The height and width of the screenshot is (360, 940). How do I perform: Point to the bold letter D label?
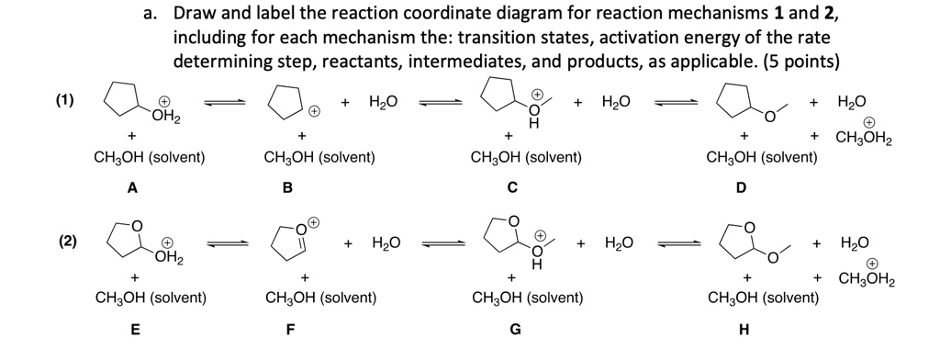[x=743, y=189]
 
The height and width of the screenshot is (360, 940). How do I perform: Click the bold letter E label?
[x=134, y=330]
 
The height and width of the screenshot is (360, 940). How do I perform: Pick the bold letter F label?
[x=288, y=330]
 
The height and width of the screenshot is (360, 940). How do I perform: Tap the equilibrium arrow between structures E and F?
[x=226, y=244]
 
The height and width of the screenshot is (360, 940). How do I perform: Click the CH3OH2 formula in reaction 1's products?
[x=865, y=140]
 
